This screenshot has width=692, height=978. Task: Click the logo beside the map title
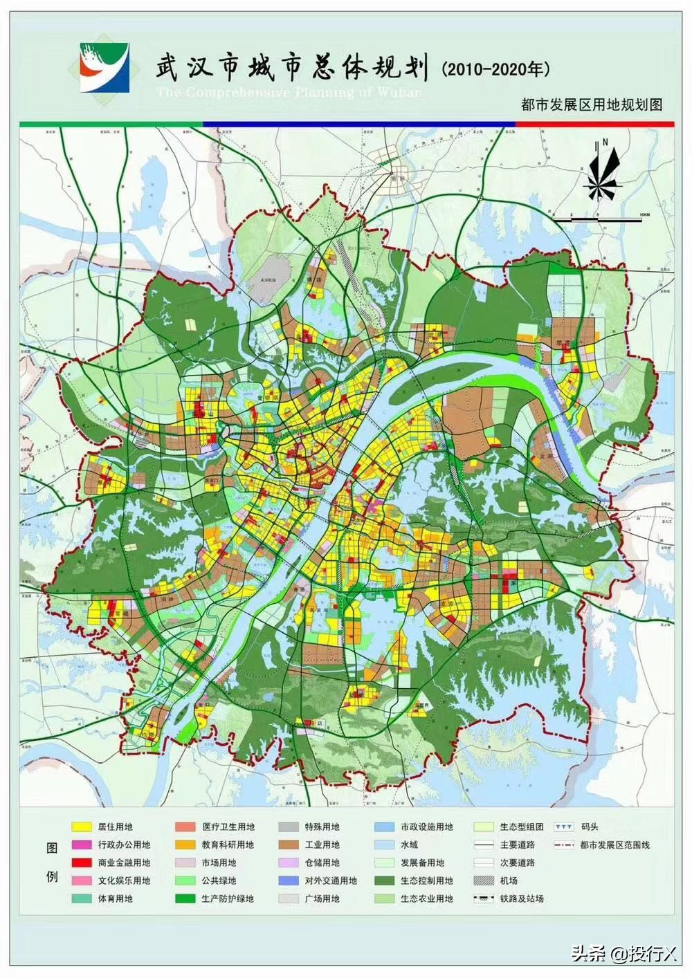tap(104, 66)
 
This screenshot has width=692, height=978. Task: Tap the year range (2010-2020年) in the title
tap(495, 69)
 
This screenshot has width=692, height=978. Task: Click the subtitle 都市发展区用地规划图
tap(592, 104)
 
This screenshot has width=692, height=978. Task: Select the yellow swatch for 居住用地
tap(82, 827)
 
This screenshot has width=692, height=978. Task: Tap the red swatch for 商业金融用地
tap(82, 862)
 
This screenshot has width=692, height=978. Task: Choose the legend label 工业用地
tap(322, 845)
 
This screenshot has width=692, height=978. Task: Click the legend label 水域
tap(409, 845)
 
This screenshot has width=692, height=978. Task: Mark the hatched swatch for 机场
tap(484, 880)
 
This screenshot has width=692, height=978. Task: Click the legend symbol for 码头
tap(565, 827)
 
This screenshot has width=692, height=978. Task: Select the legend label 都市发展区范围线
tap(615, 845)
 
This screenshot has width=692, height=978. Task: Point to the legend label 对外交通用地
tap(331, 880)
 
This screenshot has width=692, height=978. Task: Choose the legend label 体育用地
tap(115, 898)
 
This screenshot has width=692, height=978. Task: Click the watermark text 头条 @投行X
tap(623, 954)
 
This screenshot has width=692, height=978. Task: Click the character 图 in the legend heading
tap(51, 848)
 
